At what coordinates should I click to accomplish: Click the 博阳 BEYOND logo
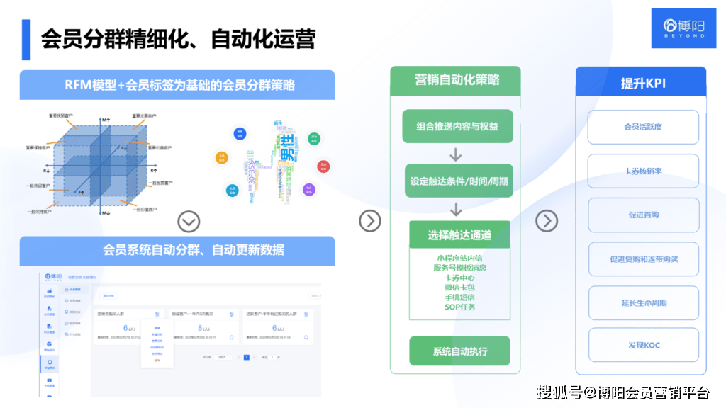(x=678, y=28)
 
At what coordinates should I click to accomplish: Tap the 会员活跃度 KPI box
(x=643, y=127)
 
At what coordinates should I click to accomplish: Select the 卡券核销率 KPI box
(x=643, y=171)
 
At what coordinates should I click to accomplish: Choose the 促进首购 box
(x=643, y=215)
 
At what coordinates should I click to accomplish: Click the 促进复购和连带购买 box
(x=643, y=259)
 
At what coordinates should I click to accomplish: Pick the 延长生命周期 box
(x=643, y=303)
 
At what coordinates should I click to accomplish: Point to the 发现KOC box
(x=643, y=345)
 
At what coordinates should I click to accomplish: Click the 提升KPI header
(x=641, y=82)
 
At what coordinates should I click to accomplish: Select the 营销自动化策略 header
(x=456, y=80)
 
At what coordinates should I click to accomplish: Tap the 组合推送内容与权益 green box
(x=457, y=126)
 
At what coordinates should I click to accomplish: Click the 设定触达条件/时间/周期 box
(x=459, y=181)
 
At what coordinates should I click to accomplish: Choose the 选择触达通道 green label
(x=459, y=234)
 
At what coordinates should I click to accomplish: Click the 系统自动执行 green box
(x=459, y=351)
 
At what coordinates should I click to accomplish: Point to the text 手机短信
(x=459, y=297)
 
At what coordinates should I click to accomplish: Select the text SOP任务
(x=459, y=307)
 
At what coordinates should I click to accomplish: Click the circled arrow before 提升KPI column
(x=546, y=221)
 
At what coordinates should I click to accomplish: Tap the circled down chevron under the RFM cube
(x=188, y=222)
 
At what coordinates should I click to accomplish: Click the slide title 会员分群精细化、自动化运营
(x=177, y=39)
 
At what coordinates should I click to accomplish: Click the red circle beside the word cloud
(x=323, y=167)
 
